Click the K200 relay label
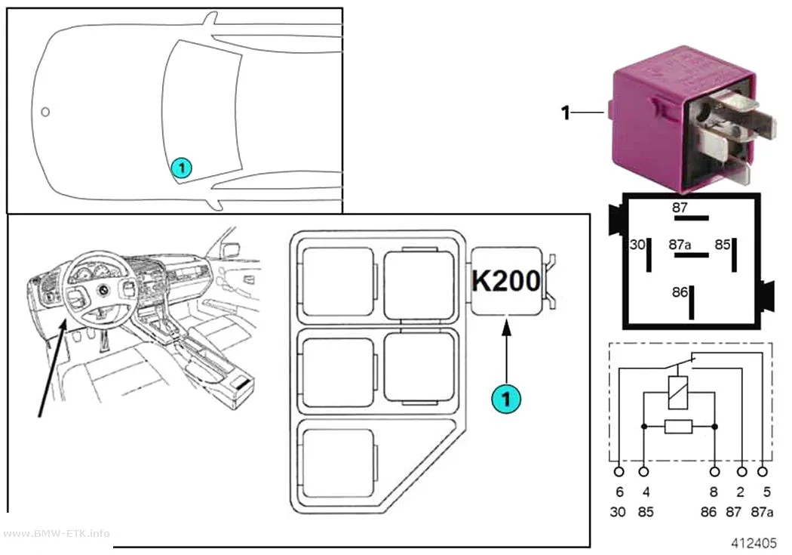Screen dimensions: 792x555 tap(505, 280)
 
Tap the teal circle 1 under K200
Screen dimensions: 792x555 tap(506, 399)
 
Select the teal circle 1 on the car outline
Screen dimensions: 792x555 tap(181, 168)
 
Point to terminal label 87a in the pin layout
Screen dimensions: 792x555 tap(680, 245)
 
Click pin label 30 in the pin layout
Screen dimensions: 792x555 tap(637, 245)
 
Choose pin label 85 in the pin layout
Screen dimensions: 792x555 tap(723, 245)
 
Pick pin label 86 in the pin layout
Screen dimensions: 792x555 tap(680, 292)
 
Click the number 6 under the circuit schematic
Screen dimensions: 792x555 tap(619, 492)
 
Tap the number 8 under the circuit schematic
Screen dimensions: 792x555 tap(714, 492)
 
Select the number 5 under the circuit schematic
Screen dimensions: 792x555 tap(767, 492)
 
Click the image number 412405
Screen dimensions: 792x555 tap(754, 543)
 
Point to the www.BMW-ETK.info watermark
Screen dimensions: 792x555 tap(56, 533)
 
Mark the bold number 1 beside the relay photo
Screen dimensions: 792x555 tap(566, 113)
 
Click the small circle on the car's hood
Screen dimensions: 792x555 tap(45, 112)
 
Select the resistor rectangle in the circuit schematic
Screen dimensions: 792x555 tap(678, 427)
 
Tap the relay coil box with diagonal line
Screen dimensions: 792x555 tap(678, 392)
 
